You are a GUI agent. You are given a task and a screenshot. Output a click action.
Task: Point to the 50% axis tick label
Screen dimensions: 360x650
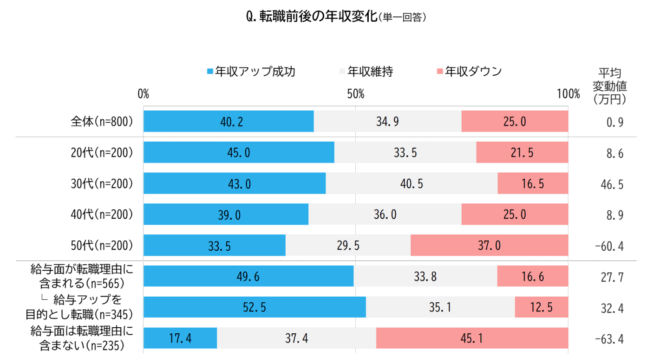(355, 93)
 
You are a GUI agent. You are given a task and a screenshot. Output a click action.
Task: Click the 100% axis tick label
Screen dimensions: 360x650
(567, 93)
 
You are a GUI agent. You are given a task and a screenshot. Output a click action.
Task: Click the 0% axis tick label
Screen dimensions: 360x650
(144, 93)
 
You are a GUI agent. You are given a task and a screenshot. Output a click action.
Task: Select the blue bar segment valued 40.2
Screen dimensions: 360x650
(228, 121)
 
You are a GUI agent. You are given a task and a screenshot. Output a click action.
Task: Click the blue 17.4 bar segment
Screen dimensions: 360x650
(180, 337)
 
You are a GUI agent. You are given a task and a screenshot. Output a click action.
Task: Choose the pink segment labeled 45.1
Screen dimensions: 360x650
(473, 337)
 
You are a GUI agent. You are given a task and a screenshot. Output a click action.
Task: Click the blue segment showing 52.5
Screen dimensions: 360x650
(254, 307)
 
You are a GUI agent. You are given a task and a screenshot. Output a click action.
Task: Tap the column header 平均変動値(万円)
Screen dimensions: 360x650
(610, 85)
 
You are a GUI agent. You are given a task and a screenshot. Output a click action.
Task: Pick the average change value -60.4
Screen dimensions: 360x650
(609, 245)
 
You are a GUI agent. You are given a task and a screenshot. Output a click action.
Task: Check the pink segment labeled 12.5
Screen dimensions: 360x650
(541, 307)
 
